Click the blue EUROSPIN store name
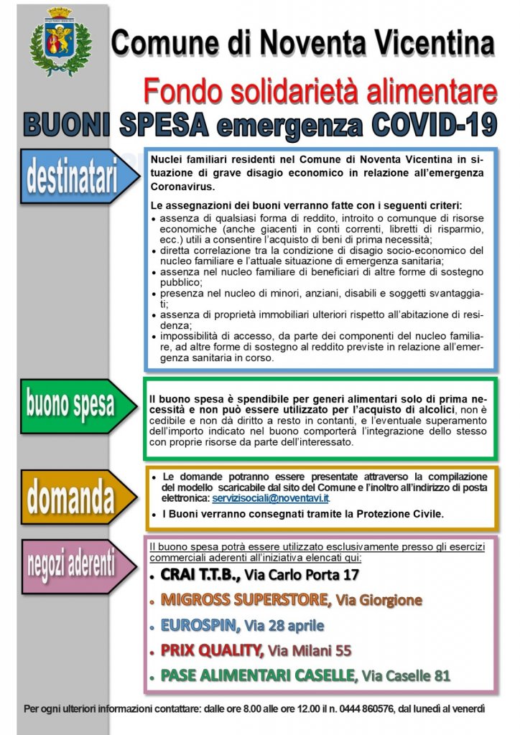pos(200,624)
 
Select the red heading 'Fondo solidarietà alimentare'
pos(320,91)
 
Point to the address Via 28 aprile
pos(284,625)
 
